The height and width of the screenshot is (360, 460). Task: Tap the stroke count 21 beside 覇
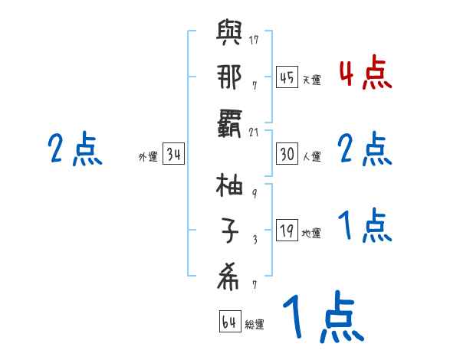[255, 133]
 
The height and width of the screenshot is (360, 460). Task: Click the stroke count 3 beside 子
[255, 240]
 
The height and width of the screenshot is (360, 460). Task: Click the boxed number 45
[287, 77]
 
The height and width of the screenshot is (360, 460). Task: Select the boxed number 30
[287, 155]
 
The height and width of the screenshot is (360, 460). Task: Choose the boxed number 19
[287, 231]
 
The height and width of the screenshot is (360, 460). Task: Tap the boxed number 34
[173, 155]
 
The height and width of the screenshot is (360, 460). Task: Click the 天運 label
[311, 80]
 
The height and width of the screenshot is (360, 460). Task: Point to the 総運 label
[255, 324]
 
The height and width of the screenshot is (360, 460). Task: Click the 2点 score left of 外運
[74, 149]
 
